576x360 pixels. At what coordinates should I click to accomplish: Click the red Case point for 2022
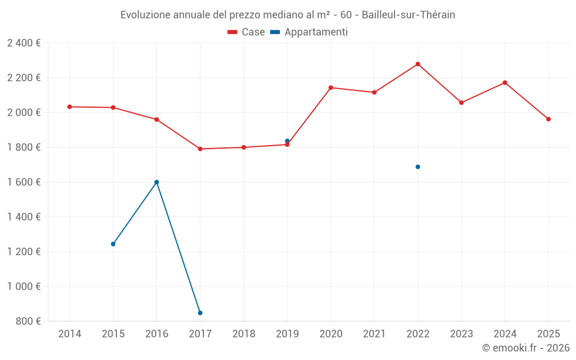click(x=418, y=64)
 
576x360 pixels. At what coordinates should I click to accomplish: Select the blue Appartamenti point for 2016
click(x=157, y=182)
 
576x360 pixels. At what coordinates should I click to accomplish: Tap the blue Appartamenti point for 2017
click(x=200, y=313)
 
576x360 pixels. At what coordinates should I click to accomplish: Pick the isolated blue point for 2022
click(x=418, y=167)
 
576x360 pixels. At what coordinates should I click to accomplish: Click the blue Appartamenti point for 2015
click(x=113, y=244)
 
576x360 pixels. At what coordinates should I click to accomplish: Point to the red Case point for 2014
click(x=70, y=107)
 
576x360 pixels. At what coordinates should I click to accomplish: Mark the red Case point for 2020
click(x=331, y=88)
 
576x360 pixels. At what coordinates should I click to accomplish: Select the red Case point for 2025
click(x=548, y=119)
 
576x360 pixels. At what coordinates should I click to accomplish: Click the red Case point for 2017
click(x=200, y=149)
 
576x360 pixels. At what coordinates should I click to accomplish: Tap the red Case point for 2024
click(x=505, y=82)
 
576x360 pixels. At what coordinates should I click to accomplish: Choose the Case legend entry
click(x=246, y=32)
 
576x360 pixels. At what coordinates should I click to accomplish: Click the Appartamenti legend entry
click(x=309, y=32)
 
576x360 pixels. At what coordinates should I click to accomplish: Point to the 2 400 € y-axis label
click(x=24, y=43)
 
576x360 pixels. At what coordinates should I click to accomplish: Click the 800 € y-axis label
click(x=28, y=321)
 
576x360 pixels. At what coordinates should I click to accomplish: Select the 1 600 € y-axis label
click(x=24, y=182)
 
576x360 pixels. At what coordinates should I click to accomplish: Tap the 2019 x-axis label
click(x=287, y=334)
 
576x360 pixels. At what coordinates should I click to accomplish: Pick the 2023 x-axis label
click(x=461, y=334)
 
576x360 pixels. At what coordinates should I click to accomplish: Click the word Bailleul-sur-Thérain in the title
click(x=408, y=15)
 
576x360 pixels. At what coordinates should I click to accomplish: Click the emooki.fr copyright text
click(x=526, y=348)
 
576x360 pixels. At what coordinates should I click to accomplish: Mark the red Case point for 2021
click(x=374, y=92)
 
